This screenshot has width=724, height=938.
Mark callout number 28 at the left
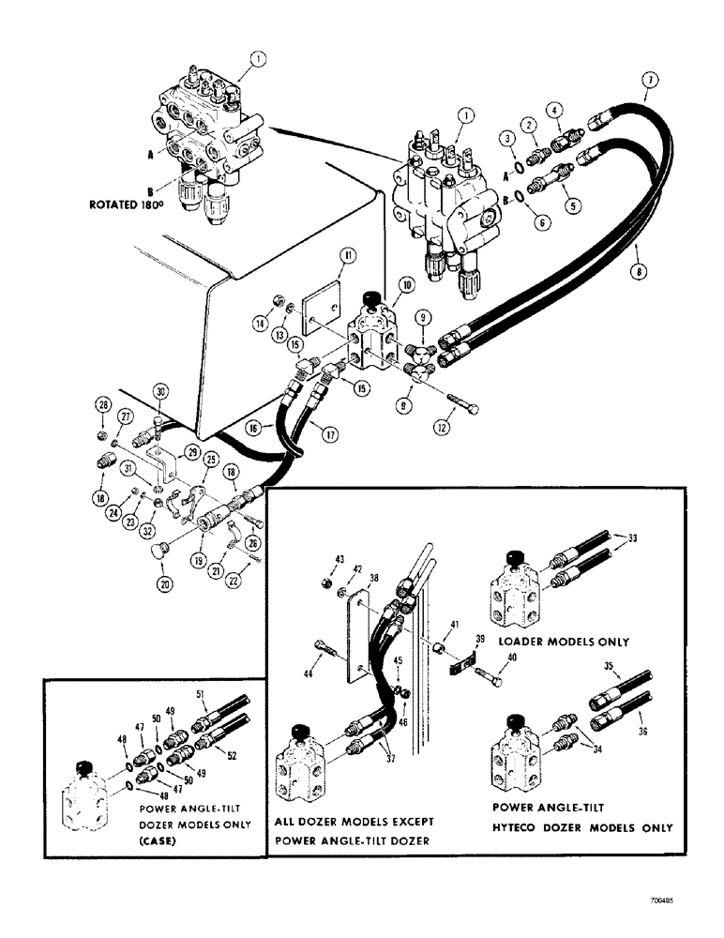tap(103, 404)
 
